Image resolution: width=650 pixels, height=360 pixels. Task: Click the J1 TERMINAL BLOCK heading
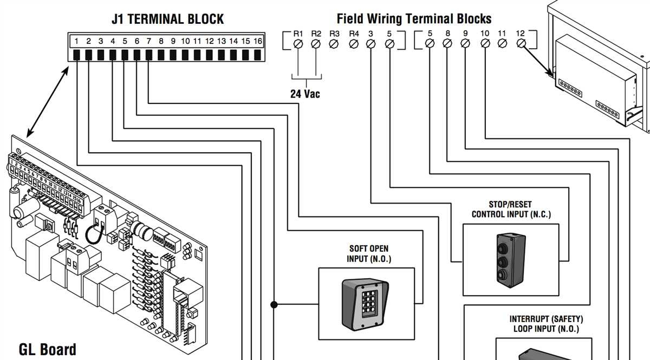tap(167, 19)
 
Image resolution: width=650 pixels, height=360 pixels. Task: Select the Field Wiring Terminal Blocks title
tap(414, 19)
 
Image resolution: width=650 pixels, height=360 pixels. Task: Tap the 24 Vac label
tap(305, 94)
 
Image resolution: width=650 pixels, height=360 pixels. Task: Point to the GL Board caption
tap(48, 349)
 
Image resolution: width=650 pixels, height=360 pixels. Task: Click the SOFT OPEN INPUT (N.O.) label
tap(368, 254)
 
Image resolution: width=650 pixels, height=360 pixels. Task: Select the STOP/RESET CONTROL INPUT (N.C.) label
tap(511, 210)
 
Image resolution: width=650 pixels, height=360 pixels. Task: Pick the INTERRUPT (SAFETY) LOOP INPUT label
tap(545, 324)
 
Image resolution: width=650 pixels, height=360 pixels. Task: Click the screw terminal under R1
tap(297, 44)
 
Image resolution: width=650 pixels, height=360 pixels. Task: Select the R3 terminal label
tap(335, 34)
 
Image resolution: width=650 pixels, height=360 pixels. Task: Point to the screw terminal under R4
tap(354, 44)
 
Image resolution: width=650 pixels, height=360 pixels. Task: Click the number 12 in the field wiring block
tap(520, 34)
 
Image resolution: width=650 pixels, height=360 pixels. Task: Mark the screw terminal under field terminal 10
tap(484, 44)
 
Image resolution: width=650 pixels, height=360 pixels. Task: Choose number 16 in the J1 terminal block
tap(258, 41)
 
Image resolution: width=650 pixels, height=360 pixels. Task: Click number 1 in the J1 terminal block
tap(77, 41)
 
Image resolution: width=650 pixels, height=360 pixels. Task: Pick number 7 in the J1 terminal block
tap(149, 41)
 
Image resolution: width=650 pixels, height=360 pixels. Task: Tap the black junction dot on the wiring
tap(275, 305)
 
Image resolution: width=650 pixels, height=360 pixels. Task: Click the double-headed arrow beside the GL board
tap(48, 101)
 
